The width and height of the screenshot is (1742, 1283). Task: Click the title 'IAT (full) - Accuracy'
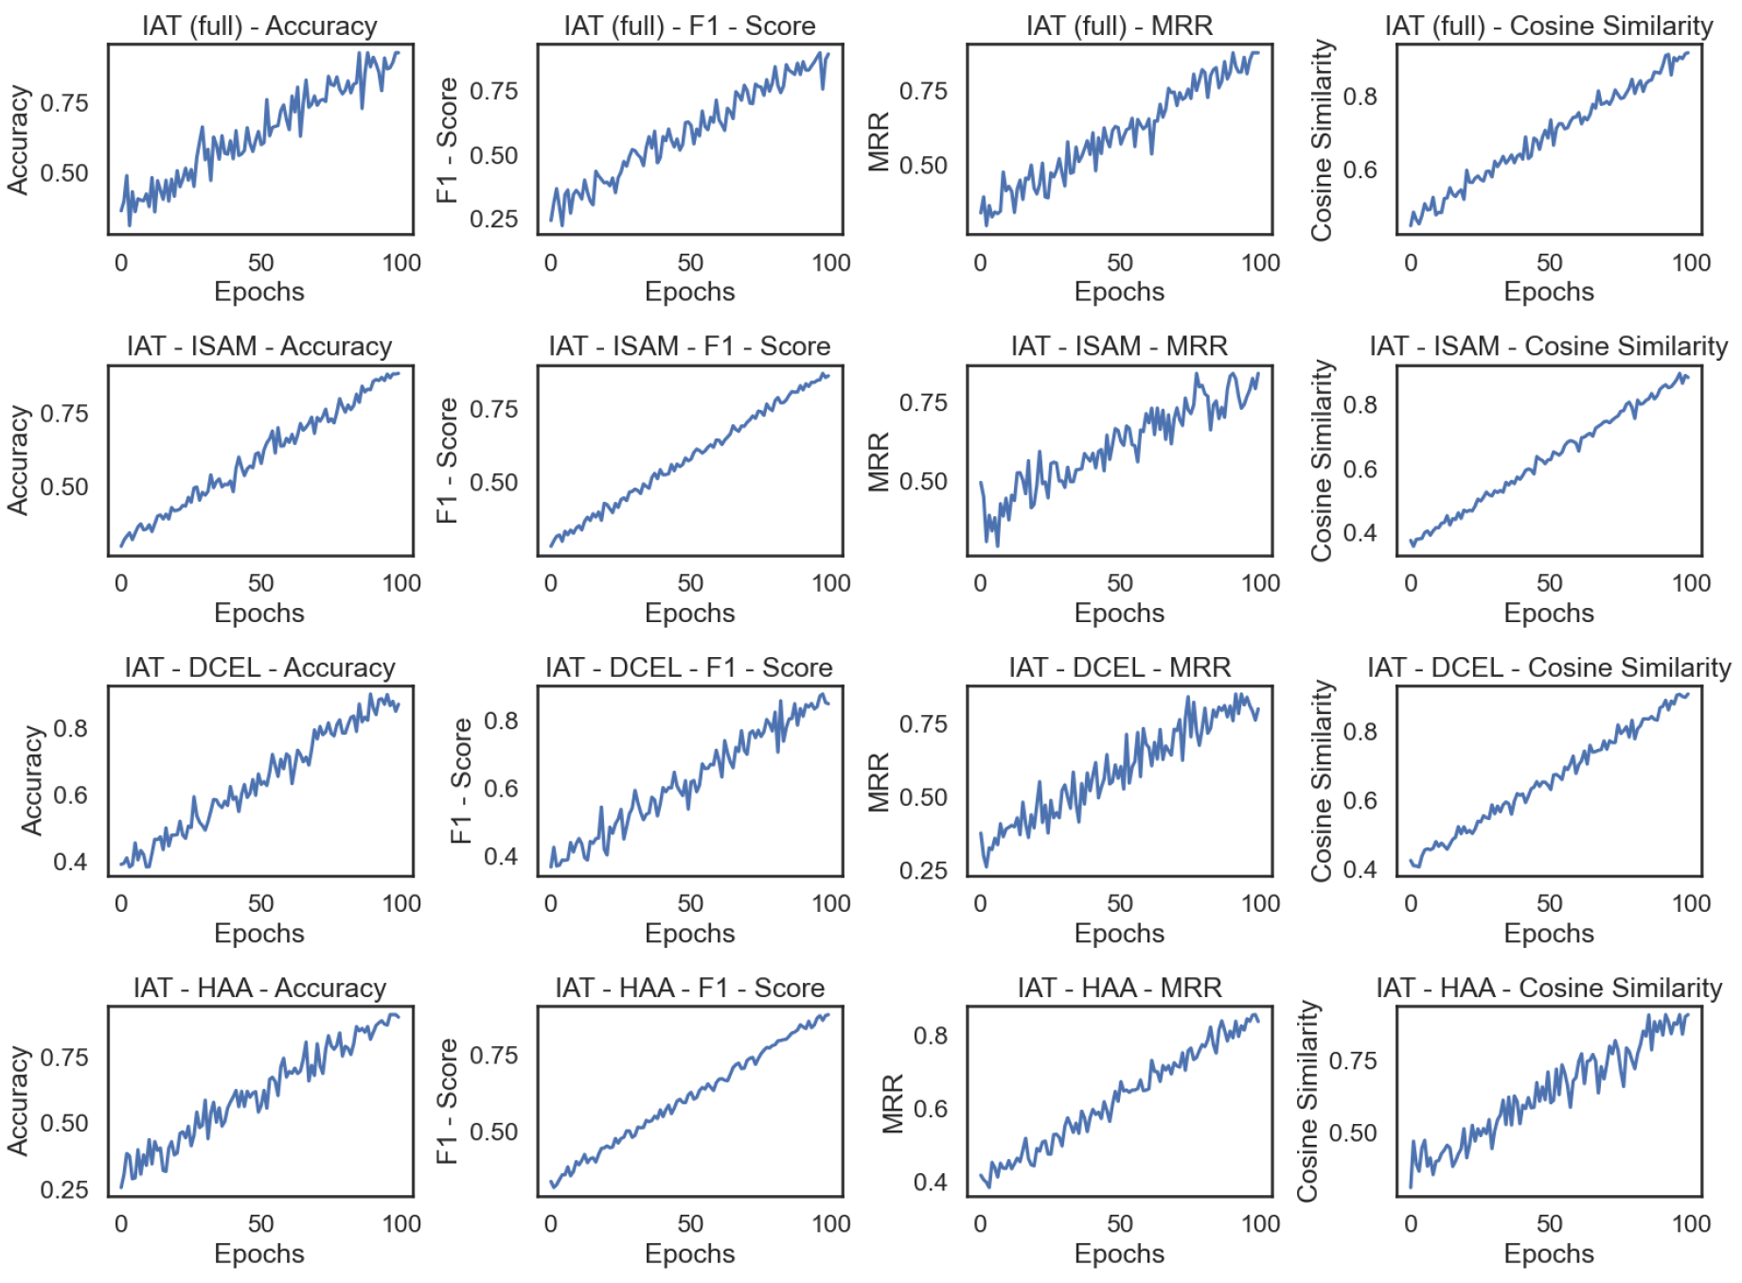click(259, 26)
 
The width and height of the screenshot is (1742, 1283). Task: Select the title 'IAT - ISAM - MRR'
click(1119, 346)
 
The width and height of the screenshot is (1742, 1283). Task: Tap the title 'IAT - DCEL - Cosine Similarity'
click(1549, 668)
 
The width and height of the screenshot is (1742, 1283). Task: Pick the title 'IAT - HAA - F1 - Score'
click(689, 988)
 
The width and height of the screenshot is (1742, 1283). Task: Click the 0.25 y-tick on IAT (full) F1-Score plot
click(494, 219)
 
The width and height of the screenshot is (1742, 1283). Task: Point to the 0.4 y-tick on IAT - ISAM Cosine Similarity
click(1360, 532)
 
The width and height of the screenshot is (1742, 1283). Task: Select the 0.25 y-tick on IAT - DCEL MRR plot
click(923, 870)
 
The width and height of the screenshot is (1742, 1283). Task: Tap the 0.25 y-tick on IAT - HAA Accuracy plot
click(64, 1189)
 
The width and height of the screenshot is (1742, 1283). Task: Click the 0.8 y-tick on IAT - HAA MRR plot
click(931, 1035)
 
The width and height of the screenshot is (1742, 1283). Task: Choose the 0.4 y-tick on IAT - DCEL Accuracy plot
click(71, 862)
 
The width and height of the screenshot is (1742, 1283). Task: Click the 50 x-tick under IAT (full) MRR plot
click(1119, 262)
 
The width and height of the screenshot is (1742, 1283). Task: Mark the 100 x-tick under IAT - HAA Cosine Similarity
click(1690, 1223)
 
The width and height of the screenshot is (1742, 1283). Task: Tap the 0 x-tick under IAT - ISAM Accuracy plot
click(121, 582)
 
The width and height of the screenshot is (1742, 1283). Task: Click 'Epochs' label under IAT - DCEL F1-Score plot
click(689, 933)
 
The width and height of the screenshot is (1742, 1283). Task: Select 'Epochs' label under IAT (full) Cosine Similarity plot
click(1549, 292)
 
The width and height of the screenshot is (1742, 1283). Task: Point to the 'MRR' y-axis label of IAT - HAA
click(894, 1103)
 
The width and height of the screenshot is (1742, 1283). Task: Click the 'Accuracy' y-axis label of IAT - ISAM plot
click(18, 460)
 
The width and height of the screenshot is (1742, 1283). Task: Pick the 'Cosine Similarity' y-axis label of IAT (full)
click(1322, 139)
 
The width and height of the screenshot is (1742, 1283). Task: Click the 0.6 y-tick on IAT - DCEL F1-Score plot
click(501, 788)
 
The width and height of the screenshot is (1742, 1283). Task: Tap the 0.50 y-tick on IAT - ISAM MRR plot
click(923, 481)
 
